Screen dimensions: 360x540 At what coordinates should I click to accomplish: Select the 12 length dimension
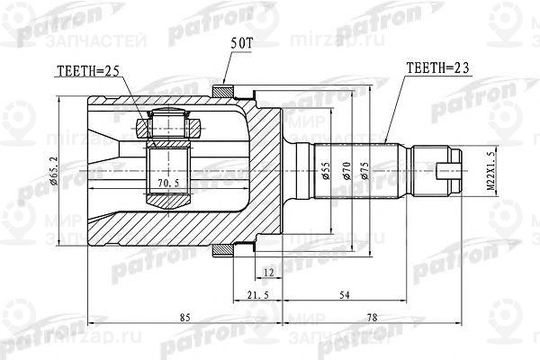coord(268,272)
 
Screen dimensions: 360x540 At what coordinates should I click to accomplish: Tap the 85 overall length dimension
coord(184,316)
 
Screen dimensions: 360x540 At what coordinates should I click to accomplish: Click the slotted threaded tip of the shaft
coord(445,168)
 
